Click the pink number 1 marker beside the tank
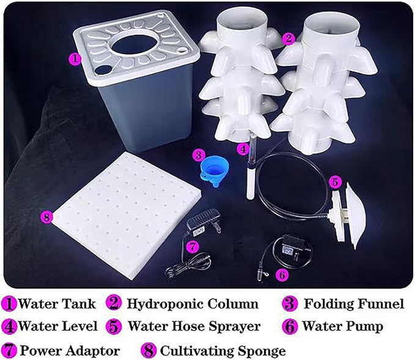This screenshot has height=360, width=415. (x=75, y=59)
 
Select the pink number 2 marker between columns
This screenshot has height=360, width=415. (x=290, y=37)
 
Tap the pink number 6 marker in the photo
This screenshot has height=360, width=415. (x=282, y=275)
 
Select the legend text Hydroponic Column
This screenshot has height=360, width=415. (x=192, y=304)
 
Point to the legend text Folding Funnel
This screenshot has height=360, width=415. (x=354, y=304)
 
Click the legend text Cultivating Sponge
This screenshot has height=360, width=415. (x=222, y=351)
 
